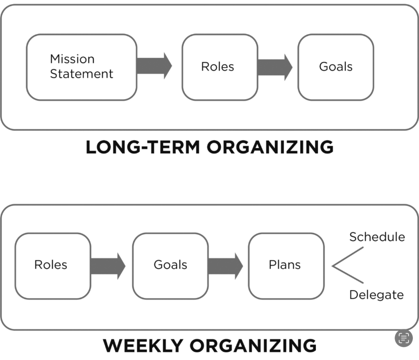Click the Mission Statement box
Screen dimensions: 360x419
[x=82, y=67]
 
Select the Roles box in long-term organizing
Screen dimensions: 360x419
[x=220, y=67]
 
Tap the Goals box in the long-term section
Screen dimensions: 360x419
[x=335, y=67]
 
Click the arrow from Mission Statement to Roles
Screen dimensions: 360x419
[x=154, y=66]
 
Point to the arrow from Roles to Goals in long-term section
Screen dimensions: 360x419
[x=275, y=67]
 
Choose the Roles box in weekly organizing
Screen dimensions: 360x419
[x=52, y=265]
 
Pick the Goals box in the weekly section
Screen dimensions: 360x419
[x=170, y=265]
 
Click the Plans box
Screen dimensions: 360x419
[x=286, y=265]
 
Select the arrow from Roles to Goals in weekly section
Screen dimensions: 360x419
[x=108, y=266]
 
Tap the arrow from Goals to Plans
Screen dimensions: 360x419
[x=225, y=266]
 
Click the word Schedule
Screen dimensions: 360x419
[x=377, y=237]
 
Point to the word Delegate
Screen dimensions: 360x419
[x=376, y=295]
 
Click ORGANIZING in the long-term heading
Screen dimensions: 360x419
[x=270, y=147]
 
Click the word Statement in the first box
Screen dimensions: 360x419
[x=82, y=74]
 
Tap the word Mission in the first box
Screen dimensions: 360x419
[x=72, y=59]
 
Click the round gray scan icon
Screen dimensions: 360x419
[x=404, y=338]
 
